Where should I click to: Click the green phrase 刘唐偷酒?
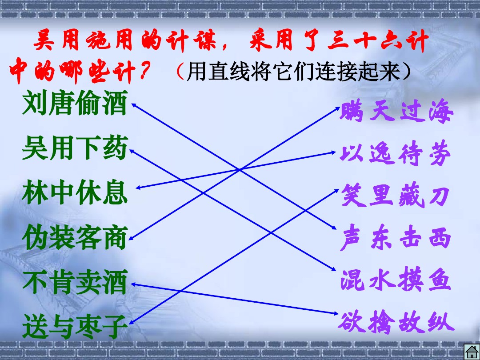click(x=75, y=104)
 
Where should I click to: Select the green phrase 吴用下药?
click(x=75, y=149)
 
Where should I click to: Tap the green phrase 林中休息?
click(x=75, y=192)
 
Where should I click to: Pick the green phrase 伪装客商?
click(x=75, y=237)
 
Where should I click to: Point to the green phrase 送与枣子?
click(x=75, y=326)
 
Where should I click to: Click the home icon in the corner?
click(x=472, y=352)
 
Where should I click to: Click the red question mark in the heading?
click(x=144, y=72)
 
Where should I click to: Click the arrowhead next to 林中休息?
click(x=138, y=188)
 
